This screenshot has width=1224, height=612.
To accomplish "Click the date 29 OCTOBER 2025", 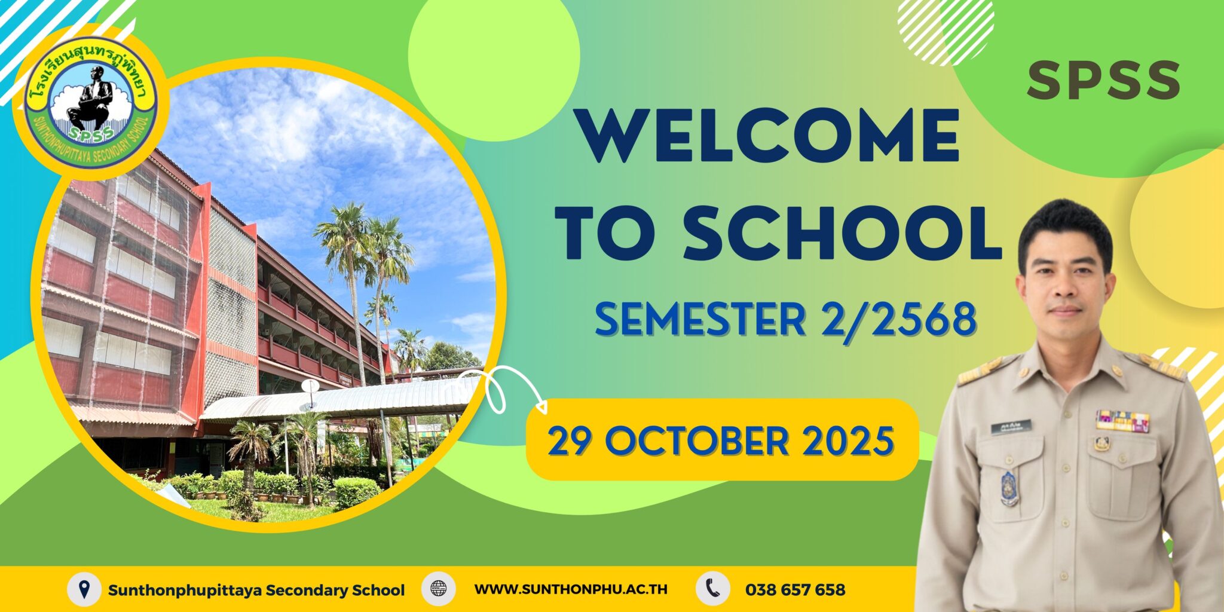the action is pos(721,441).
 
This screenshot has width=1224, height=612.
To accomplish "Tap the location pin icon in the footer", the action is pos(84,589).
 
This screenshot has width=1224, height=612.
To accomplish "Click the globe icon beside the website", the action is pos(439,589).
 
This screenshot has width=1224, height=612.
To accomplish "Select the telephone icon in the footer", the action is pos(712,589).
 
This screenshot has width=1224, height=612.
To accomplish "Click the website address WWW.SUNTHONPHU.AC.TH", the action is pos(571,589).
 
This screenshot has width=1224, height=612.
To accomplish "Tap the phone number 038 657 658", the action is pos(795,590).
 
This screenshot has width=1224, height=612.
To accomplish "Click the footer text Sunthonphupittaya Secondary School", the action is pos(256,590).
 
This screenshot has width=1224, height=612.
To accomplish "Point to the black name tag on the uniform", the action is pos(1011,426).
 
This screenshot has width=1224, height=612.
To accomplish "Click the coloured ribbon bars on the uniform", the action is pos(1122,421).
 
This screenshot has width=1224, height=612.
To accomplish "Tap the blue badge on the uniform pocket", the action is pos(1009,487).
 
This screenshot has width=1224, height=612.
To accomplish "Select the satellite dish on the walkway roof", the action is pos(310,386).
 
